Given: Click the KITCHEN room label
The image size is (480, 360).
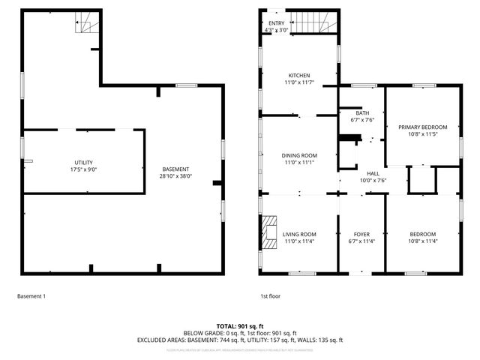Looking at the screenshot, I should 299,75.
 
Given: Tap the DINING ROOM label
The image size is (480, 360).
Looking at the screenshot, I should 299,155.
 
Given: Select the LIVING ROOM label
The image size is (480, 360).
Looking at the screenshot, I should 299,234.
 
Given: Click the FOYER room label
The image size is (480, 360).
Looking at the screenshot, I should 361,234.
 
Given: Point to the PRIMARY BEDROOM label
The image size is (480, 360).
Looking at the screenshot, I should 422,127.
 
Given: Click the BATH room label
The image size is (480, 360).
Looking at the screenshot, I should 362,112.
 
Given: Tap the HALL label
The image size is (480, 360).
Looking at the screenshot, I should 372,173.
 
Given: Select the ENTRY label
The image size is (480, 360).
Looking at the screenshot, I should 275,24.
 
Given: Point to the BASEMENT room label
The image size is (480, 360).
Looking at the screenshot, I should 175,169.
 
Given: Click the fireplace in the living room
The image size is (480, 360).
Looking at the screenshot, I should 269,232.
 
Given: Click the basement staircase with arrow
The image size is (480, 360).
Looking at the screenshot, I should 87,24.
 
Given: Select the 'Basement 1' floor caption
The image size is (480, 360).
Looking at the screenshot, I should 31,296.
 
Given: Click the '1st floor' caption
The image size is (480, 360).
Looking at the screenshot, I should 269,296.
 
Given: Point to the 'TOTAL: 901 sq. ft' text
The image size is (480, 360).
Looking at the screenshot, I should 240,326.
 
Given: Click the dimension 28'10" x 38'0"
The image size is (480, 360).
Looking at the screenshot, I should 175,176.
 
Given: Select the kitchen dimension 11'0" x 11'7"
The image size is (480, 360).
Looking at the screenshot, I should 299,82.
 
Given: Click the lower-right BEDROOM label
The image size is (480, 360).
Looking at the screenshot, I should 422,234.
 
